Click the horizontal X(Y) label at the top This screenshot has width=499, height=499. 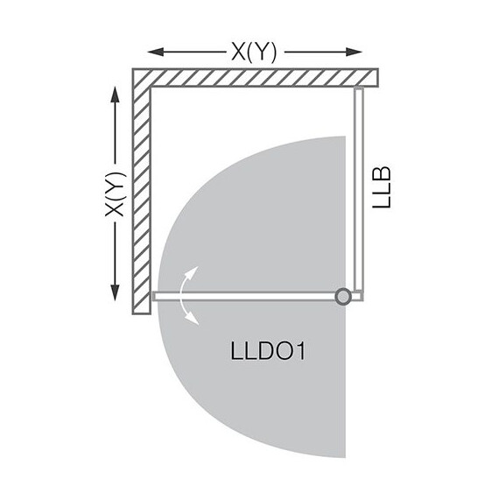pyautogui.click(x=256, y=52)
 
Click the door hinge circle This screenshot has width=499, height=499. pyautogui.click(x=344, y=297)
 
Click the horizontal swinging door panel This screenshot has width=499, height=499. pyautogui.click(x=245, y=297)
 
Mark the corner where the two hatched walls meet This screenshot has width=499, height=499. pyautogui.click(x=142, y=77)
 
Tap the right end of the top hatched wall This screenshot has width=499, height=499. pyautogui.click(x=374, y=77)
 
